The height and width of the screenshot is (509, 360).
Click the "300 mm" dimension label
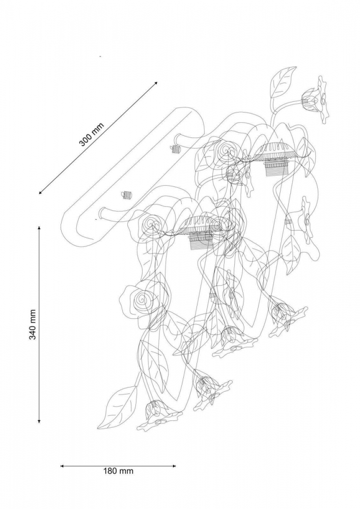click(x=92, y=134)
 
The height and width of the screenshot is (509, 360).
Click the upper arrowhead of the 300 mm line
click(x=155, y=83)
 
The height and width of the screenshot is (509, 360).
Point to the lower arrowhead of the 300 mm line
click(x=41, y=192)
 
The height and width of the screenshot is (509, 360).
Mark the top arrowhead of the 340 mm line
click(x=39, y=228)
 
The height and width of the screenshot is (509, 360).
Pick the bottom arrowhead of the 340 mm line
click(x=39, y=421)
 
